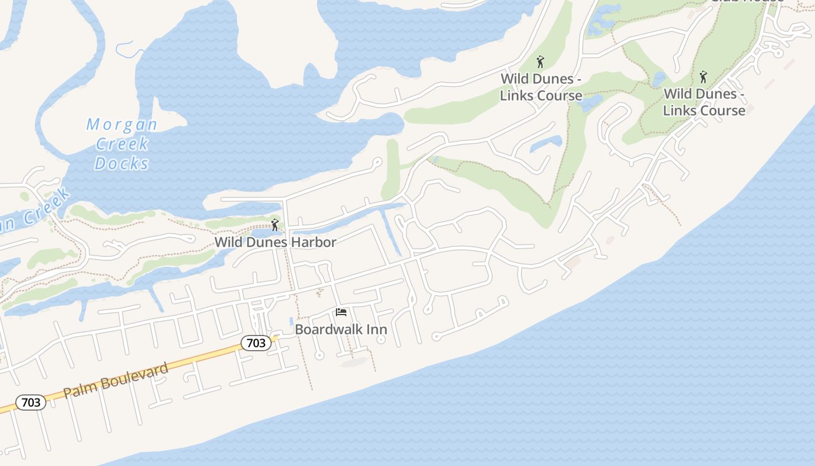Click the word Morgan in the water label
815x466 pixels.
[122, 125]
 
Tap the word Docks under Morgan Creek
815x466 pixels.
[122, 164]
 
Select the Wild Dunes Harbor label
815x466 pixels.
[275, 242]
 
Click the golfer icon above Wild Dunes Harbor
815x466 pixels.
[275, 225]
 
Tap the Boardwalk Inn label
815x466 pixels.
[341, 329]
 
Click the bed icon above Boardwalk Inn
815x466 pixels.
[341, 313]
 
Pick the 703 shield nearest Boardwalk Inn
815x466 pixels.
[256, 343]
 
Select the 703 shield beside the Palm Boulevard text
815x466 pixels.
[31, 402]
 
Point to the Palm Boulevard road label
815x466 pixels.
[116, 380]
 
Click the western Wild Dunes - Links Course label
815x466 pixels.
[541, 87]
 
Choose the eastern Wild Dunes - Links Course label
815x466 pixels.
[704, 102]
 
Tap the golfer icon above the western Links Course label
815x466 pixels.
[540, 61]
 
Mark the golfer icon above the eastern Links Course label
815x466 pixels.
[703, 76]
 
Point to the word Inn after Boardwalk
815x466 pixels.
[377, 329]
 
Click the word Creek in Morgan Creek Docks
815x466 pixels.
[122, 144]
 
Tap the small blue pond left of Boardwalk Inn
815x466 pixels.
[291, 321]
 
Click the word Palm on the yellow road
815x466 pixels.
[79, 389]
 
